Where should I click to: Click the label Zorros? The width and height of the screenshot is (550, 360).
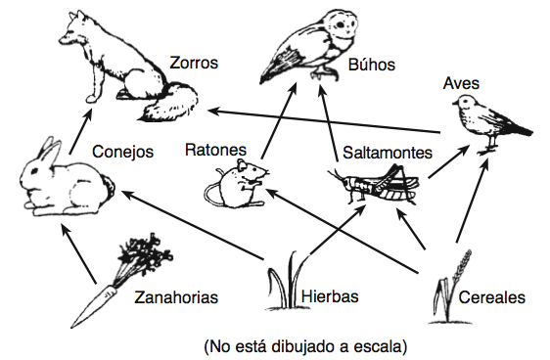pyautogui.click(x=193, y=63)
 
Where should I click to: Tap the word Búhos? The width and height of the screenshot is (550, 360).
pyautogui.click(x=371, y=66)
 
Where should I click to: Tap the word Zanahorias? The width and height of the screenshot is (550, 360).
pyautogui.click(x=175, y=296)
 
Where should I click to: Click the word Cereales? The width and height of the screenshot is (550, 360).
pyautogui.click(x=493, y=296)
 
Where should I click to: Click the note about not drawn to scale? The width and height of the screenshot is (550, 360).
pyautogui.click(x=304, y=345)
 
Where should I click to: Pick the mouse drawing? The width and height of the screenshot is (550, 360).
pyautogui.click(x=237, y=183)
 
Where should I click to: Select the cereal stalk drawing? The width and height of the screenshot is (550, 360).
pyautogui.click(x=448, y=284)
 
